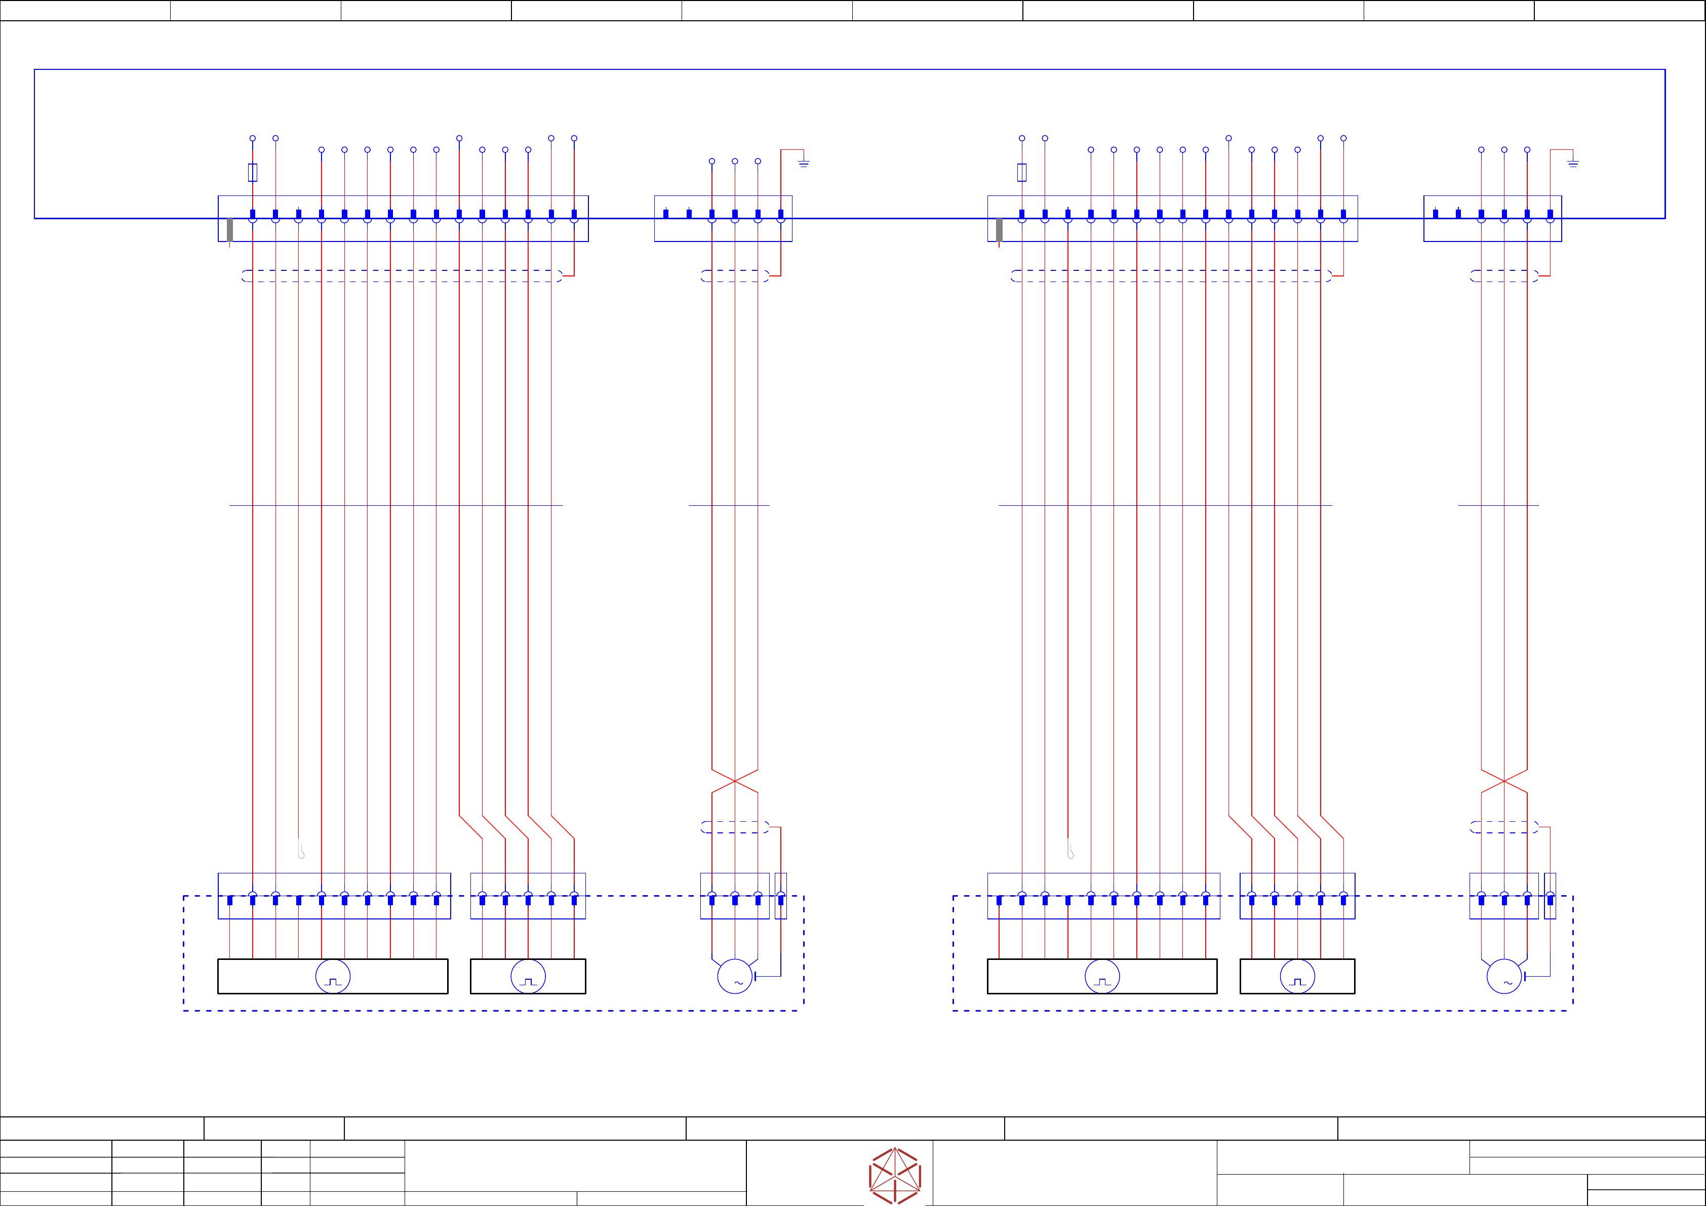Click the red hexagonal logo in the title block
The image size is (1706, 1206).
[x=895, y=1176]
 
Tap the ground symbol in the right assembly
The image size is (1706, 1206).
[x=1573, y=163]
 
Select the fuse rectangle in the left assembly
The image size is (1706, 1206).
[x=253, y=172]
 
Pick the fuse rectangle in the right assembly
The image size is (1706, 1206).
[x=1022, y=172]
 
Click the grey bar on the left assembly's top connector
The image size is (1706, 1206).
[x=229, y=230]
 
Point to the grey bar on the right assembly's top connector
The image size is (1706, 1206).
[x=999, y=230]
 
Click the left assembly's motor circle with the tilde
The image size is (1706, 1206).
[x=735, y=976]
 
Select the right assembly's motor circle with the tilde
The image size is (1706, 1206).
[x=1504, y=976]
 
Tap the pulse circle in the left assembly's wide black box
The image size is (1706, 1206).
[x=333, y=976]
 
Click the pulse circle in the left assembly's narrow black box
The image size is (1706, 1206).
[x=528, y=976]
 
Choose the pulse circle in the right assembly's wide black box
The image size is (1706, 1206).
[x=1102, y=976]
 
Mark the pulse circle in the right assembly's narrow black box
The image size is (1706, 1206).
[x=1297, y=976]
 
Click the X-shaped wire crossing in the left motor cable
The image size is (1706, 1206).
[x=735, y=781]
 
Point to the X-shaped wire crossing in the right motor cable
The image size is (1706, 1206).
[x=1504, y=781]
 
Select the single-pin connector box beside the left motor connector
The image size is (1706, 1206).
[x=780, y=896]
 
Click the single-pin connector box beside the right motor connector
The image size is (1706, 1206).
[x=1550, y=896]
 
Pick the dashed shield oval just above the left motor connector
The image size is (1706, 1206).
[x=735, y=827]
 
